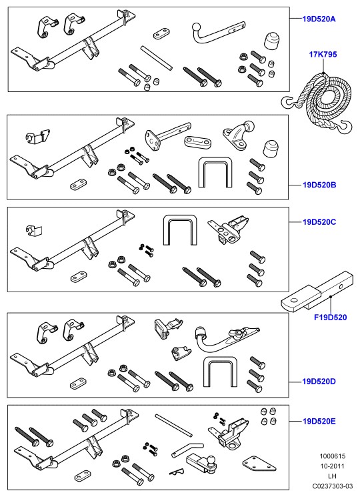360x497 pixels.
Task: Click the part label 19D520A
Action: pyautogui.click(x=319, y=19)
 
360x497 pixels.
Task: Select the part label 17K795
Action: pyautogui.click(x=323, y=54)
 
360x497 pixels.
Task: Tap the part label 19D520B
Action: pyautogui.click(x=319, y=185)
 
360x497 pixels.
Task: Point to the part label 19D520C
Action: pyautogui.click(x=319, y=221)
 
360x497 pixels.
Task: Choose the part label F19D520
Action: pyautogui.click(x=330, y=317)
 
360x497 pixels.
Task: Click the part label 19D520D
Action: pyautogui.click(x=319, y=381)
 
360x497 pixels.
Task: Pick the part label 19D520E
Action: pyautogui.click(x=319, y=421)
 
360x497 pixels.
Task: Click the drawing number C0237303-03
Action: pyautogui.click(x=333, y=486)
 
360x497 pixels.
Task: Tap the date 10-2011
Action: pyautogui.click(x=333, y=466)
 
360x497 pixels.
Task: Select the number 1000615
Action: pyautogui.click(x=333, y=456)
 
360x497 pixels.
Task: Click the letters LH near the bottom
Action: pyautogui.click(x=333, y=476)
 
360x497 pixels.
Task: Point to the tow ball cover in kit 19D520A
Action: pyautogui.click(x=271, y=40)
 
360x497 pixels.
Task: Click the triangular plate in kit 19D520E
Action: pyautogui.click(x=259, y=464)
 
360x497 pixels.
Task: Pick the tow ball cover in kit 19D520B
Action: pyautogui.click(x=271, y=149)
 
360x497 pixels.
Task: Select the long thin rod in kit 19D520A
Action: pyautogui.click(x=157, y=58)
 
